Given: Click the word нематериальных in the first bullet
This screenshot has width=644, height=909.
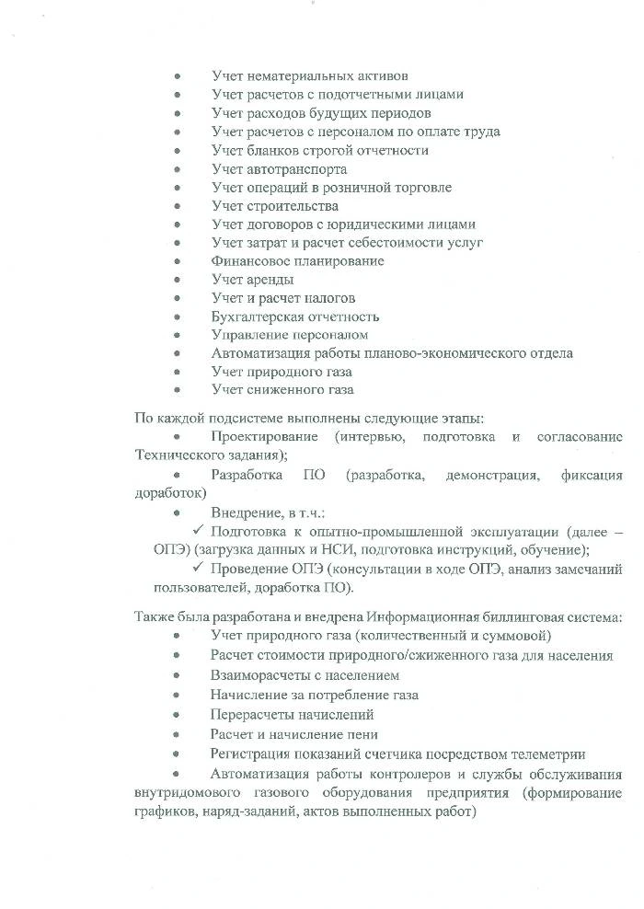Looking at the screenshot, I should [295, 75].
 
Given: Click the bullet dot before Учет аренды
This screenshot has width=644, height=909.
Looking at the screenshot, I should [178, 280].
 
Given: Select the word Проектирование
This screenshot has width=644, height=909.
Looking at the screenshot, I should [266, 436].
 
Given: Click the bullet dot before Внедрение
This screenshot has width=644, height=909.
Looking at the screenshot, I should [178, 513].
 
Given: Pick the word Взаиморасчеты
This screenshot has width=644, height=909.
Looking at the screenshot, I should [259, 674].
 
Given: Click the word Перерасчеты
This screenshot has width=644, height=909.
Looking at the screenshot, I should [252, 714].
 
